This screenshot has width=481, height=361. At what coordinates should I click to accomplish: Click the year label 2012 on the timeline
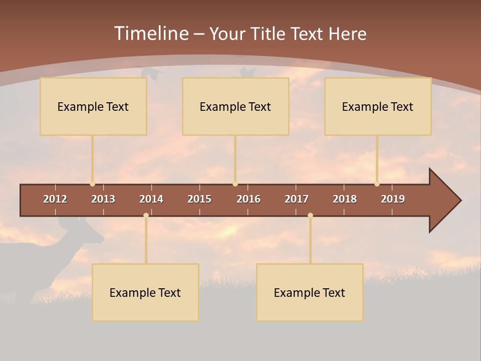[x=55, y=199]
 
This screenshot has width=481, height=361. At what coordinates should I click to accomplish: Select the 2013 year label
[x=103, y=199]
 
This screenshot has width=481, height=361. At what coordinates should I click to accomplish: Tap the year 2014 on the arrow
[x=151, y=199]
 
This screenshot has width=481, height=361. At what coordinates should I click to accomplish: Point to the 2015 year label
[x=199, y=199]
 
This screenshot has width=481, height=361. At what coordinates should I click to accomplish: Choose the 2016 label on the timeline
[x=249, y=199]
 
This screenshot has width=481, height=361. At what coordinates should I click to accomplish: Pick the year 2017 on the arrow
[x=297, y=199]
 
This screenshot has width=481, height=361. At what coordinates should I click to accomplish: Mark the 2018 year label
[x=345, y=199]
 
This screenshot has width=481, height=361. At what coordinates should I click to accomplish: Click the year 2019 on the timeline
[x=393, y=199]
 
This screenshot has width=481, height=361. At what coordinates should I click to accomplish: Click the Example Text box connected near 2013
[x=93, y=106]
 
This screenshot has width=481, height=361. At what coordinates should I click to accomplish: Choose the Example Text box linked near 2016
[x=235, y=106]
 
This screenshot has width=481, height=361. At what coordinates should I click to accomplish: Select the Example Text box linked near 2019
[x=378, y=106]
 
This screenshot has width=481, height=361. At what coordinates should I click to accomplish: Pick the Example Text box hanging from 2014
[x=145, y=292]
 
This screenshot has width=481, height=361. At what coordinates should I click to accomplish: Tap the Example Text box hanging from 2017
[x=310, y=292]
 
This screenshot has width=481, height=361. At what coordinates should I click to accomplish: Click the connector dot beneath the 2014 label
[x=146, y=215]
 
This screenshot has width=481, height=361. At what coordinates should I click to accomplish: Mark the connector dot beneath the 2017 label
[x=310, y=215]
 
